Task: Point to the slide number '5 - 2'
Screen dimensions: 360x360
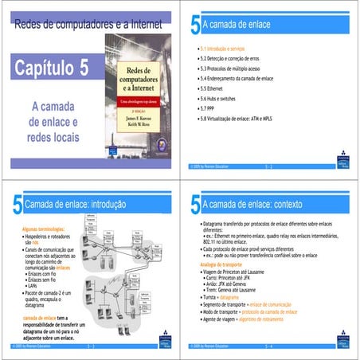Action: [268, 167]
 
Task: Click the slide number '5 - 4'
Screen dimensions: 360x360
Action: [268, 347]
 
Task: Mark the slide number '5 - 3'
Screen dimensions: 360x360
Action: [90, 347]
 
